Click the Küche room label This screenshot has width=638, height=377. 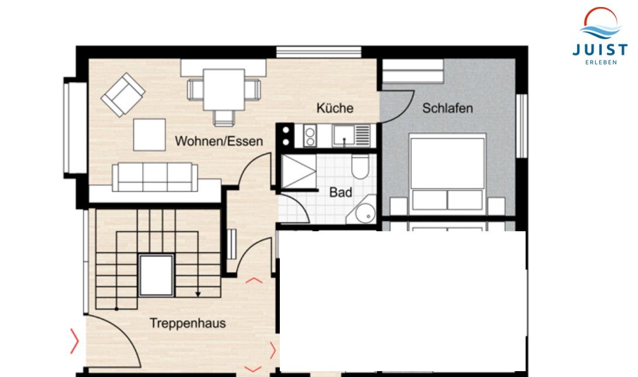(335, 108)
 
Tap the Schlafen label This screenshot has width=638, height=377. (448, 108)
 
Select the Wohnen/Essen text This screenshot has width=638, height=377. (219, 141)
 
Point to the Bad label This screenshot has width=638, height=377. (341, 192)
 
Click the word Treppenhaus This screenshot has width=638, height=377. (187, 323)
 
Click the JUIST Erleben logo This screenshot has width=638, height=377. (601, 36)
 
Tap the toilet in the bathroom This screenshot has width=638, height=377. (360, 166)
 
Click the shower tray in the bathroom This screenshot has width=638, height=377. (299, 172)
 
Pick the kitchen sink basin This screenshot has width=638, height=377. (344, 136)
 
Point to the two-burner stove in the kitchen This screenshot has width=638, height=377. (310, 136)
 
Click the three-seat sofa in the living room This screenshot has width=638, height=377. (155, 177)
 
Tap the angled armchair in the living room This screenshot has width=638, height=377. (123, 95)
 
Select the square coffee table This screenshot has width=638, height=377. (149, 135)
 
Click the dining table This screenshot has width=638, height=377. (224, 90)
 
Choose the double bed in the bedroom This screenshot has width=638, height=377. (448, 174)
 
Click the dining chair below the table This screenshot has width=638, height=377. (224, 118)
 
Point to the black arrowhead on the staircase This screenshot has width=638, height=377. (198, 294)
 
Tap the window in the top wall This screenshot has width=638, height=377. (318, 52)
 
